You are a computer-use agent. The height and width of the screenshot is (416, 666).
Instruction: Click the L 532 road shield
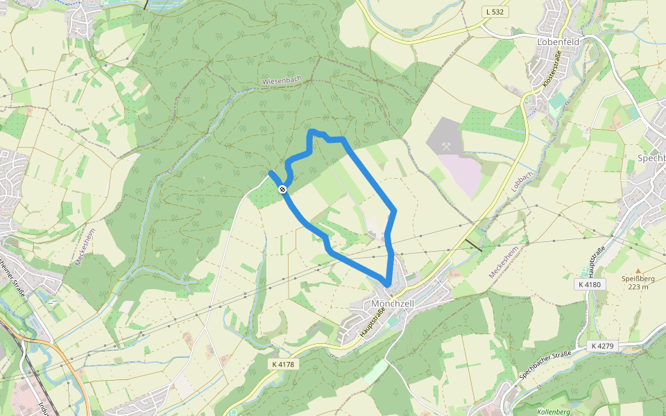point(494,12)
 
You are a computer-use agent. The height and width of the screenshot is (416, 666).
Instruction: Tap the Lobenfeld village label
point(558,42)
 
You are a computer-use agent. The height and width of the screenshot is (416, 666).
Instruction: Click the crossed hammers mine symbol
point(447,146)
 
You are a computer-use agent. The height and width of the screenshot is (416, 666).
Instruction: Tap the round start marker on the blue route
point(282,189)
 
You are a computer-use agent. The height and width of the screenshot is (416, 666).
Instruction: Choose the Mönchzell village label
point(393,304)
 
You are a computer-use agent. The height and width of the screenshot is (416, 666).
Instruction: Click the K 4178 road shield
point(283,364)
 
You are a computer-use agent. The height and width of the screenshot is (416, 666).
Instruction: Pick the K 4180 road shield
point(590,284)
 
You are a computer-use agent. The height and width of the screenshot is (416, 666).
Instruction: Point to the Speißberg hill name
point(638,279)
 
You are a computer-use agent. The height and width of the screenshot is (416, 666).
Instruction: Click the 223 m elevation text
point(638,287)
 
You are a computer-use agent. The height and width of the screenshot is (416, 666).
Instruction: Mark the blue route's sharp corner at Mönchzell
point(386,284)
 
